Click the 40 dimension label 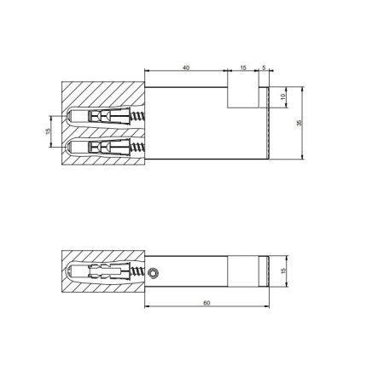point(186,66)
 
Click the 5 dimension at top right point(264,66)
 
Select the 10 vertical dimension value point(284,96)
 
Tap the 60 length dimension point(208,301)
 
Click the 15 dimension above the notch point(242,66)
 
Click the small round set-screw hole point(153,273)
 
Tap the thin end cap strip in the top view point(269,124)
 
